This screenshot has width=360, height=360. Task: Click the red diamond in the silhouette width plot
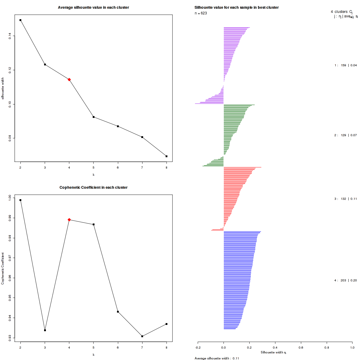click(x=69, y=79)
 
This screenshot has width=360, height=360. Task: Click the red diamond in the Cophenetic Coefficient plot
click(x=69, y=220)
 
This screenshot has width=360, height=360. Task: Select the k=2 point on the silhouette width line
click(x=20, y=20)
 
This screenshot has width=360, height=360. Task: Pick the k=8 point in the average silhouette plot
click(x=166, y=156)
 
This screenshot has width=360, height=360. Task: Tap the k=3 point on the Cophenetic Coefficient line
click(x=45, y=330)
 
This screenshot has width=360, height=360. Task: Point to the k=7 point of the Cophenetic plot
click(x=142, y=336)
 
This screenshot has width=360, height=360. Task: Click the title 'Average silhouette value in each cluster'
click(x=93, y=7)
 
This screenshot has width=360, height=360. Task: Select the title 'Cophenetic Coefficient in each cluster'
click(x=93, y=187)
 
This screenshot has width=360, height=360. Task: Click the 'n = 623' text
click(x=201, y=13)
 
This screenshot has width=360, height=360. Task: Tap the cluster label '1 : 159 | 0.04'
click(x=346, y=65)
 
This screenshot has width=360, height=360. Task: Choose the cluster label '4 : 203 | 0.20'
click(x=346, y=280)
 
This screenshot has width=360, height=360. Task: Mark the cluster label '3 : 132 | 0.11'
click(x=346, y=199)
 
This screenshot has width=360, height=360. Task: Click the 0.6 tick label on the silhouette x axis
click(x=301, y=347)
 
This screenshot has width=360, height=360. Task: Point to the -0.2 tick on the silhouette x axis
click(x=198, y=347)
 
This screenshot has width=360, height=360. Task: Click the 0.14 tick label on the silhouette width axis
click(x=10, y=36)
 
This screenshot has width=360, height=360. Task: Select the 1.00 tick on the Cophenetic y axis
click(x=10, y=198)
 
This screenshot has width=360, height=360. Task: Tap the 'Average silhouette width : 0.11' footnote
click(x=217, y=358)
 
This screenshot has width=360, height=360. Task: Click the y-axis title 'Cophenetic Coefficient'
click(x=3, y=268)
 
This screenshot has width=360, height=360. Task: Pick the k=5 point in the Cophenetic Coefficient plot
click(x=94, y=224)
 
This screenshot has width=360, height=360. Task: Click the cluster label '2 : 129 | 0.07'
click(x=346, y=135)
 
